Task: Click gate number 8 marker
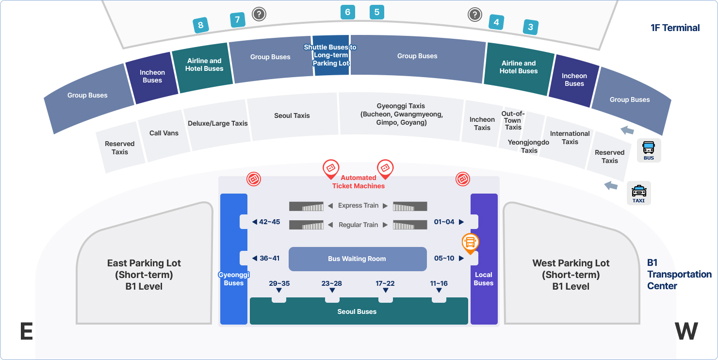(x=201, y=25)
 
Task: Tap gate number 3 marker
(x=530, y=27)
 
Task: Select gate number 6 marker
(x=347, y=12)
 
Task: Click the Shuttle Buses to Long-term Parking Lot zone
(x=330, y=55)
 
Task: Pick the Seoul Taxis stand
(x=292, y=115)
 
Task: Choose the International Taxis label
(x=570, y=137)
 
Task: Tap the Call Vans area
(x=164, y=133)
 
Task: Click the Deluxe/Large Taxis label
(x=218, y=123)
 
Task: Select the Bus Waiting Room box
(x=357, y=259)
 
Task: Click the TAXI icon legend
(x=638, y=193)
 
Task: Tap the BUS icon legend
(x=649, y=150)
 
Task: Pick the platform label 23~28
(x=332, y=283)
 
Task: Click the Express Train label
(x=358, y=205)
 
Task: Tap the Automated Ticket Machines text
(x=359, y=182)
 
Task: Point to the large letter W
(x=686, y=331)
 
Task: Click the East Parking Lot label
(x=144, y=275)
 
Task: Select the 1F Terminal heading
(x=675, y=28)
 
